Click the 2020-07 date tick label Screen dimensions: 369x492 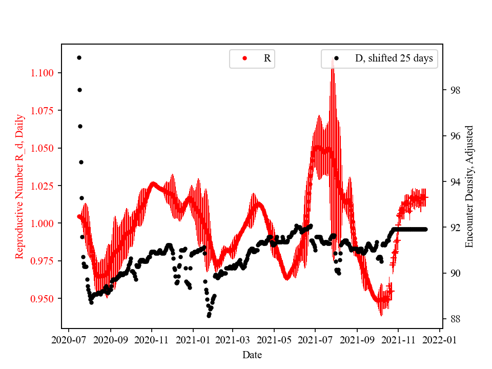(x=70, y=339)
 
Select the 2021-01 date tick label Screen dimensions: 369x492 (x=193, y=339)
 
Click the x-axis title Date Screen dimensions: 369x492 (x=252, y=354)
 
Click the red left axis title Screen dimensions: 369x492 (x=19, y=186)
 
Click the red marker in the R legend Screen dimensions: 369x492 (x=245, y=58)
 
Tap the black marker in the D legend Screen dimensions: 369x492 (x=337, y=58)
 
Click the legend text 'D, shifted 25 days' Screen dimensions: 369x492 (x=394, y=58)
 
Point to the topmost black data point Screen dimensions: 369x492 (x=79, y=57)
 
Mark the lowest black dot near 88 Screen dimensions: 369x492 (x=209, y=316)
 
